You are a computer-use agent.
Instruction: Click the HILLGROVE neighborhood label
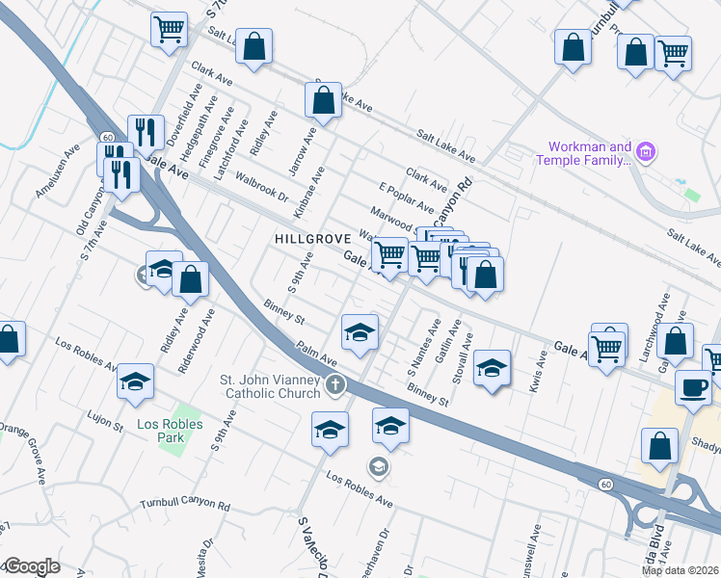[x=310, y=237]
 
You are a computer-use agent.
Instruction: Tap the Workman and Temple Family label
[x=589, y=153]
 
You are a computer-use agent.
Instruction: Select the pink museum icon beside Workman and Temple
[x=647, y=152]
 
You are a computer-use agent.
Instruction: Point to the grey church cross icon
[x=334, y=385]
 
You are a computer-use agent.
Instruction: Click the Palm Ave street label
[x=315, y=353]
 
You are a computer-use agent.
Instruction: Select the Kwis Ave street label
[x=541, y=367]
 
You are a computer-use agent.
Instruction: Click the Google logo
[x=32, y=567]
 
